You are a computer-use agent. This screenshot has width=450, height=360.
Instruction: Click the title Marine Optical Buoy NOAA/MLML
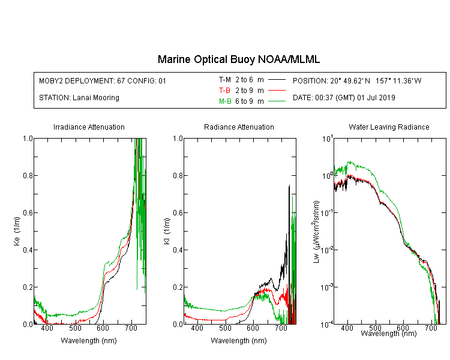(238, 59)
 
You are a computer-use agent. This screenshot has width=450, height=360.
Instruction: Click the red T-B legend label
(224, 91)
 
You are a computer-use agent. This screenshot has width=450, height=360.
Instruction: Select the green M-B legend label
(225, 101)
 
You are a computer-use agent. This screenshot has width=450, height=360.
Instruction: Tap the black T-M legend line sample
(277, 80)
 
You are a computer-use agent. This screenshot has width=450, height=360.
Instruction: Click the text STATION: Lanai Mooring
(79, 98)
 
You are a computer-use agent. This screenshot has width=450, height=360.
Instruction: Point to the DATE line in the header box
(344, 98)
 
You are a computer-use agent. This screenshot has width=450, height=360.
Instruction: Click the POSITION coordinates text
(357, 80)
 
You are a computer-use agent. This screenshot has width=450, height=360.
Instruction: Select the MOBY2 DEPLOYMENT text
(103, 80)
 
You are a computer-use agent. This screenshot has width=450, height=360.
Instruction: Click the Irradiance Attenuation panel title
(89, 127)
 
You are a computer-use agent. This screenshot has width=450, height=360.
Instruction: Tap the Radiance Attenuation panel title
(239, 127)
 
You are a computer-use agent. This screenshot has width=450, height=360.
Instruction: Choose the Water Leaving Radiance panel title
(389, 127)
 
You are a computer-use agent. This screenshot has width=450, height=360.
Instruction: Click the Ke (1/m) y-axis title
(17, 232)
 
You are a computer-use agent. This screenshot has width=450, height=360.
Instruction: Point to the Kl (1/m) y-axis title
(167, 232)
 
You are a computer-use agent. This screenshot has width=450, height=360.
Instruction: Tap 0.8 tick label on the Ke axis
(28, 175)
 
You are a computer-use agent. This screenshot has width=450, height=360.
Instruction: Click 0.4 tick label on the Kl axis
(178, 250)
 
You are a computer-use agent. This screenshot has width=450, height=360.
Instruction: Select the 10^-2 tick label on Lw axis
(327, 250)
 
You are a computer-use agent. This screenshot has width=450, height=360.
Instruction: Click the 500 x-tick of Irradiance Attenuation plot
(75, 328)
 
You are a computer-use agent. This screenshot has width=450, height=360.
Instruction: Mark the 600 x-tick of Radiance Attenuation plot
(253, 328)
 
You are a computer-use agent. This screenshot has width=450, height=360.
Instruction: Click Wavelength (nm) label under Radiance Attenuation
(239, 341)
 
